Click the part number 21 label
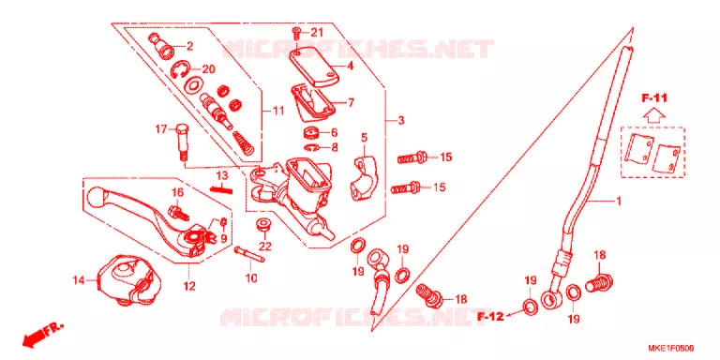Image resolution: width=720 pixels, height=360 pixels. (x=317, y=33)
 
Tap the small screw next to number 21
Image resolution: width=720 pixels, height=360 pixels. (x=296, y=34)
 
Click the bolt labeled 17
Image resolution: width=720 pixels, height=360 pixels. (x=181, y=142)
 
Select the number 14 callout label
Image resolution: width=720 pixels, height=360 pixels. (x=79, y=279)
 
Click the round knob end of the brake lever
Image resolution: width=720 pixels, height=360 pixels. (x=97, y=198)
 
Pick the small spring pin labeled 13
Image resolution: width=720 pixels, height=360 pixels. (x=221, y=187)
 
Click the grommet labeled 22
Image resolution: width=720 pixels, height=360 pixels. (x=263, y=225)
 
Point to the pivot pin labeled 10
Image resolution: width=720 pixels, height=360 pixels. (x=249, y=254)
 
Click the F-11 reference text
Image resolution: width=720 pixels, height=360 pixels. (x=654, y=97)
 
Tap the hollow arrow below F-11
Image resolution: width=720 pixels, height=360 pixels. (x=653, y=114)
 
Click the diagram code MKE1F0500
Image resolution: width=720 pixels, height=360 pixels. (x=671, y=348)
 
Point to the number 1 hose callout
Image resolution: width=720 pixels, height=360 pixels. (x=619, y=201)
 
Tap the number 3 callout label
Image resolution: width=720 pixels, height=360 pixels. (x=401, y=121)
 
